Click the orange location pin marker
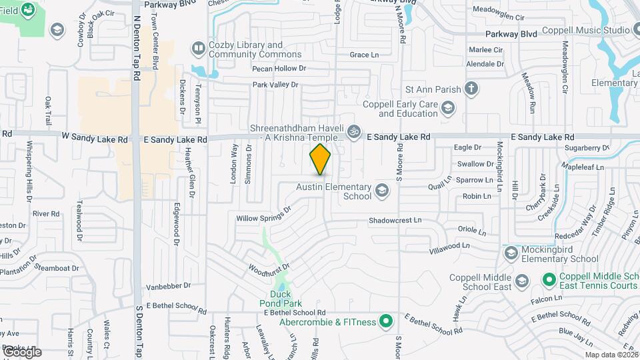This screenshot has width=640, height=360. [x=320, y=160]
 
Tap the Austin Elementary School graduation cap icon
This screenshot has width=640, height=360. [x=382, y=191]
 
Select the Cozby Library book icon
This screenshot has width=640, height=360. [x=198, y=48]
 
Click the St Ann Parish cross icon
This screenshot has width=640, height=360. [x=471, y=88]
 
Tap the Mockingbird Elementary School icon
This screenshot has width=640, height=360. [x=511, y=253]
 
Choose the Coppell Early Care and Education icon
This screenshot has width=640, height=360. [x=449, y=108]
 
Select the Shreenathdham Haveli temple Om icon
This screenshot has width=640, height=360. [x=354, y=131]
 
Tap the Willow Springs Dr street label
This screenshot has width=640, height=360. [x=264, y=214]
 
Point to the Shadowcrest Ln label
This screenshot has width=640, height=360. [x=395, y=219]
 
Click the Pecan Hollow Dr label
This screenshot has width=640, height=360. [x=279, y=68]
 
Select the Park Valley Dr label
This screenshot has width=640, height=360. [x=275, y=85]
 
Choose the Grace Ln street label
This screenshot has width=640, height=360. [x=364, y=55]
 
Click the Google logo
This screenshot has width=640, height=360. [x=21, y=352]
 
